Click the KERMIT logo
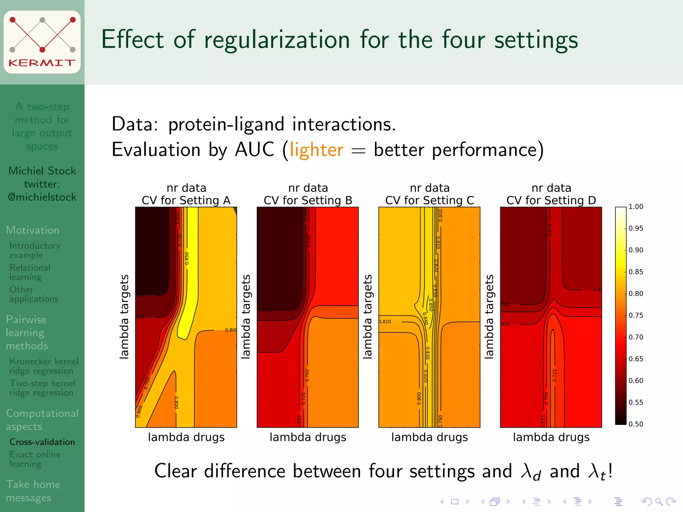click(x=42, y=42)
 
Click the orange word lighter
click(x=316, y=150)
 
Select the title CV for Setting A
click(x=186, y=200)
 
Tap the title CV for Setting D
click(x=551, y=200)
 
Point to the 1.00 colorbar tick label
click(x=636, y=207)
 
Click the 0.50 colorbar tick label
click(x=636, y=424)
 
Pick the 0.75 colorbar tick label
click(x=636, y=315)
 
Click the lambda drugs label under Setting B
click(x=308, y=437)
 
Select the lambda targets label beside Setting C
click(x=367, y=317)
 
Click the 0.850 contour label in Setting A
click(x=187, y=258)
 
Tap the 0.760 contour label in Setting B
click(x=307, y=375)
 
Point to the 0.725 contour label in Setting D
click(x=554, y=375)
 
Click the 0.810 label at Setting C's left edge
click(x=385, y=322)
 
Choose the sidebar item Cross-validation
click(x=42, y=442)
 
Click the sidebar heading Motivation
click(x=33, y=230)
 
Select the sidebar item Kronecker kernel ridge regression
click(x=43, y=366)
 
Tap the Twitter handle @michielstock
click(x=42, y=197)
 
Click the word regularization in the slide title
click(x=276, y=40)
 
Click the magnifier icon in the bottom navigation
click(x=658, y=501)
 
